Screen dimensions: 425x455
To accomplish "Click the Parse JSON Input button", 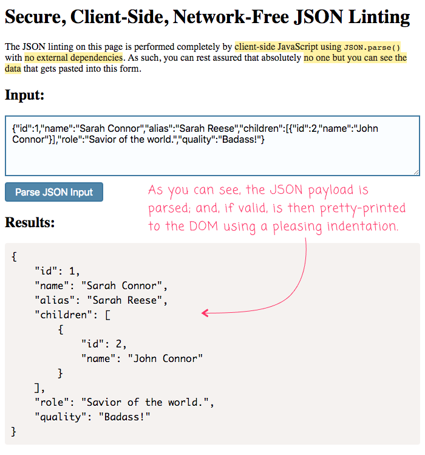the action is tap(54, 192).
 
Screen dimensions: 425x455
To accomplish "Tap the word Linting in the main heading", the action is tap(379, 18).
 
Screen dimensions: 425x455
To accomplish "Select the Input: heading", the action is tap(25, 95).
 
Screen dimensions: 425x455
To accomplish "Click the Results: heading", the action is tap(30, 222).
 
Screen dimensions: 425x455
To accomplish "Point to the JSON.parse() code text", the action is tap(372, 47).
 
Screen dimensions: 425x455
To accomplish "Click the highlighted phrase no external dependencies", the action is tap(73, 58).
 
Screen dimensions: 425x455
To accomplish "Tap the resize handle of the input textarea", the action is tap(416, 172).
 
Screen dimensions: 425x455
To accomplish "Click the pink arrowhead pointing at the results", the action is tap(205, 313).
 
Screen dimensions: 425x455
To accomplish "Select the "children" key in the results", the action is tap(66, 315).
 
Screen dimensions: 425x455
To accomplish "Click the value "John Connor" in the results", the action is tap(165, 358).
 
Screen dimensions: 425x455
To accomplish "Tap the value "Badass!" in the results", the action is tap(124, 417).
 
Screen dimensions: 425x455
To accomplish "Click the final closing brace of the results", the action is tap(13, 431).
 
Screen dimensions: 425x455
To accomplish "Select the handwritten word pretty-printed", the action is tap(363, 208).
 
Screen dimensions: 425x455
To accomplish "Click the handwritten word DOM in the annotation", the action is tap(203, 226).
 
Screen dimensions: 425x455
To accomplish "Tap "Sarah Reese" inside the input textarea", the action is tap(206, 128).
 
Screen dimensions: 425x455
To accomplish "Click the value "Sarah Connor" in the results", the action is tap(121, 286).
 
